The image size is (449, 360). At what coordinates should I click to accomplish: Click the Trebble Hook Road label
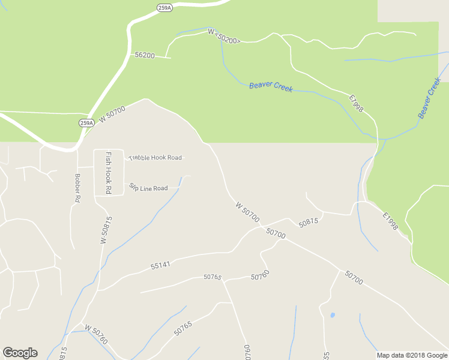pos(155,158)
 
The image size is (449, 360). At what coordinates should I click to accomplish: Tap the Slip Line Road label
pos(148,188)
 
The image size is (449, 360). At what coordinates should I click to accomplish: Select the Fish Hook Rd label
pos(109,172)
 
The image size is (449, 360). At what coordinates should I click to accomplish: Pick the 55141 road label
pos(161,265)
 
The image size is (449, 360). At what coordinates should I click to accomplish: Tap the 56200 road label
pos(145,55)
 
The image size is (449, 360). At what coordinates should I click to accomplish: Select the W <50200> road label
pos(224,36)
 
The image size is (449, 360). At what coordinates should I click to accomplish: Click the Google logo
pos(20,353)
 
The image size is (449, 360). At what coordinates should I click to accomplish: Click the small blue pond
pos(332,314)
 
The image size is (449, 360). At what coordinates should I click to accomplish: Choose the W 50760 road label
pos(96,334)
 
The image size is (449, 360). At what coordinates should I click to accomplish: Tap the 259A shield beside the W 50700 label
pos(86,123)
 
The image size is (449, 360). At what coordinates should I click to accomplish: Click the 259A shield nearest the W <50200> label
pos(164,8)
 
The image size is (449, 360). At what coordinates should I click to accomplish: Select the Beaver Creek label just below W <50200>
pos(271,87)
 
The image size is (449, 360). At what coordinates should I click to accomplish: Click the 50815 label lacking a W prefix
pos(308,222)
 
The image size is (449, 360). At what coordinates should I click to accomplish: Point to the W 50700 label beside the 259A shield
pos(112,114)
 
